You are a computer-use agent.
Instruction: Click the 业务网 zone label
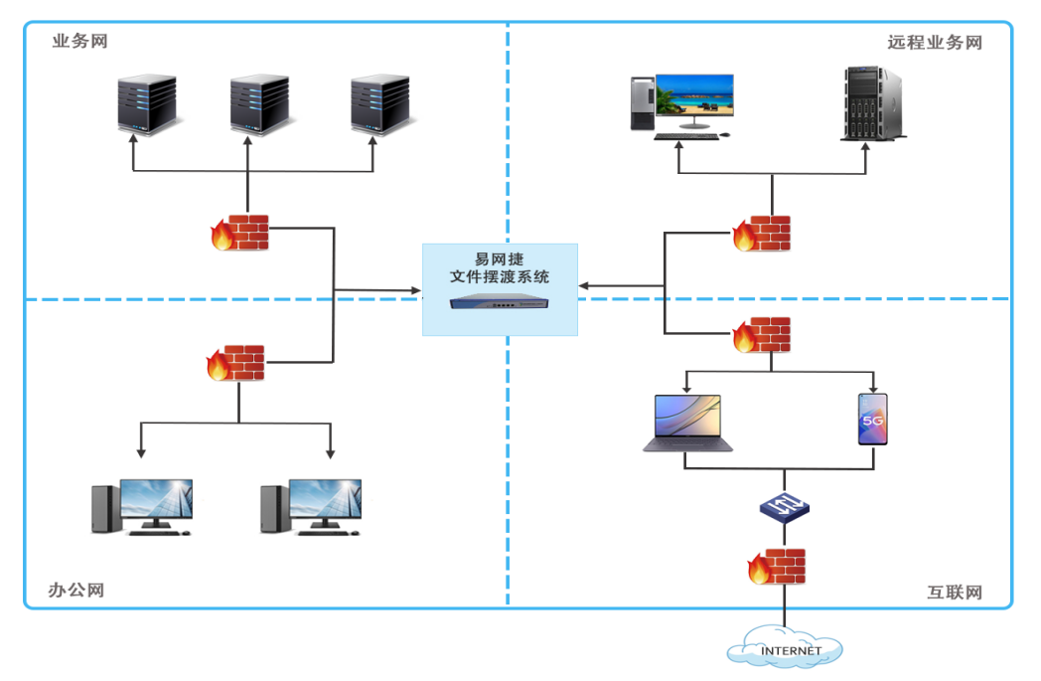click(79, 42)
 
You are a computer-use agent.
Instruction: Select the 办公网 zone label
click(76, 590)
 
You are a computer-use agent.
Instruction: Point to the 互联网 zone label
click(955, 593)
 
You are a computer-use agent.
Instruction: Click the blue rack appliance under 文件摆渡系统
click(499, 302)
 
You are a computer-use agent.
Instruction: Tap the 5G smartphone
click(873, 419)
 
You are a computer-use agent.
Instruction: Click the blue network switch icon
click(785, 508)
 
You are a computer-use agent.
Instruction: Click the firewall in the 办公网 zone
click(236, 363)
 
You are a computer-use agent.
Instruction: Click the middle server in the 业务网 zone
click(259, 103)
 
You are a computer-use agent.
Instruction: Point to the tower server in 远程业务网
click(872, 102)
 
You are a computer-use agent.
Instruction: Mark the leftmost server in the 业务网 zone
click(147, 103)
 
